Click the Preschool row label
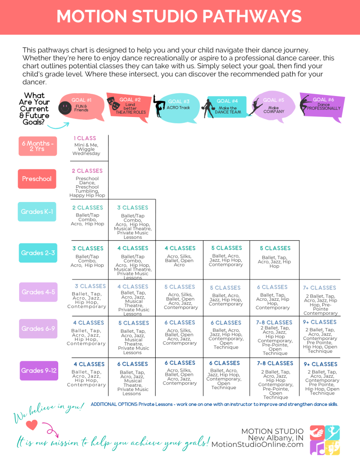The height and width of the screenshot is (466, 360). click(x=37, y=179)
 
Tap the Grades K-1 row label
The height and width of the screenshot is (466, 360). click(x=37, y=212)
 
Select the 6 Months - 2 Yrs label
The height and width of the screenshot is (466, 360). click(x=38, y=146)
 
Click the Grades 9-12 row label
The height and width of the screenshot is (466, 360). click(x=39, y=370)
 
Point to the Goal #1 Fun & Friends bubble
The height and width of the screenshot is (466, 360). click(x=82, y=107)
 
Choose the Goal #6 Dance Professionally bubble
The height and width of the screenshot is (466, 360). click(x=323, y=106)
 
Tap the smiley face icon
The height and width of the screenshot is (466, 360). click(x=65, y=107)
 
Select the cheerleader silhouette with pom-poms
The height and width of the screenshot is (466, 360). click(x=208, y=108)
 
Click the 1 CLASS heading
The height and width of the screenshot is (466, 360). click(x=85, y=138)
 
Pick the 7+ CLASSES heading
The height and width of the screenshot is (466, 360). click(x=319, y=288)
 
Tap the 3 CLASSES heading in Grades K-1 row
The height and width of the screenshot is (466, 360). click(x=132, y=208)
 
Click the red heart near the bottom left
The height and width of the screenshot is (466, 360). click(x=31, y=425)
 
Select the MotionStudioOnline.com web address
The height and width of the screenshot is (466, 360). click(x=258, y=445)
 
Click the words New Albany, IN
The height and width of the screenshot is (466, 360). click(x=276, y=438)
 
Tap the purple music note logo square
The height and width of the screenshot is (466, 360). click(x=317, y=448)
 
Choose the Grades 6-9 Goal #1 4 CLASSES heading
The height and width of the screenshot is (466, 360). click(x=89, y=323)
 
